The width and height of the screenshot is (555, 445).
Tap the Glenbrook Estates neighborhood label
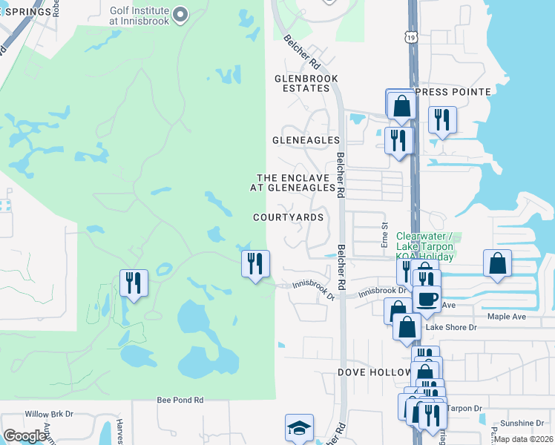[306, 83]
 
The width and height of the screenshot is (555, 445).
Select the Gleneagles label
[306, 140]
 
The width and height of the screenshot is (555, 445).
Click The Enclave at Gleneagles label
[296, 183]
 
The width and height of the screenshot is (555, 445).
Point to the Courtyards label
[288, 217]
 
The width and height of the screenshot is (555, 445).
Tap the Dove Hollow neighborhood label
[374, 372]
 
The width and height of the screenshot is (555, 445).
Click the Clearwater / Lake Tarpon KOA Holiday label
[429, 245]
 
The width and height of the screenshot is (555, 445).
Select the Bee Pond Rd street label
[180, 400]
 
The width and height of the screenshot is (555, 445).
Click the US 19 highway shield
[411, 36]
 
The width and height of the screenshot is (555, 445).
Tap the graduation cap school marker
[299, 428]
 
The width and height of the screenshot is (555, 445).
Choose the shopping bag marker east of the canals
[496, 263]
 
